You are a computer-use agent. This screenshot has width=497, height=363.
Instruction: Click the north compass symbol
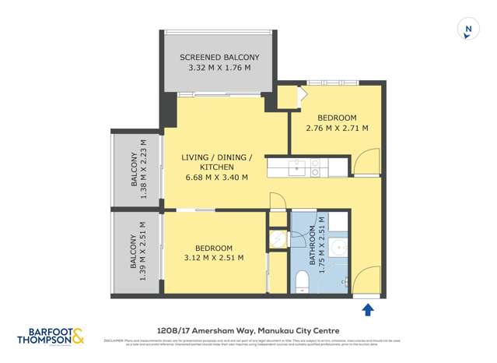[467, 29]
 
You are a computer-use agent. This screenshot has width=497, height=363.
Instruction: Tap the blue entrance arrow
[368, 310]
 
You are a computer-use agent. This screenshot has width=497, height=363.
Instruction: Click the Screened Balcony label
[219, 58]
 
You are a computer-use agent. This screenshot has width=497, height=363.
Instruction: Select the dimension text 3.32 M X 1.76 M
[219, 69]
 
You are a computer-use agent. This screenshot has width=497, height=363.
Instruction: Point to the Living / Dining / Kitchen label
[216, 162]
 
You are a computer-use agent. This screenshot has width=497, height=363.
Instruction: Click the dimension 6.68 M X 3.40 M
[216, 178]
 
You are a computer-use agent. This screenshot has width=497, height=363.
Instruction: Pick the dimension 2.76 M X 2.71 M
[337, 128]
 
